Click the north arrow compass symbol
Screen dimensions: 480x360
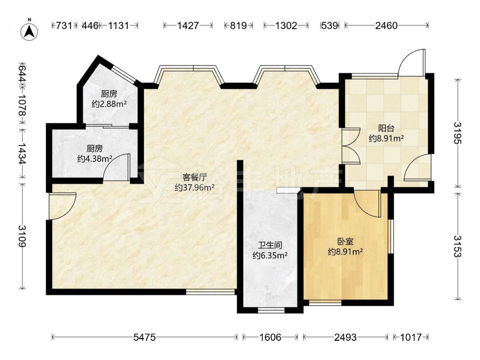tap(29, 31)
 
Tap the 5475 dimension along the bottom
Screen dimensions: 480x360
tap(144, 337)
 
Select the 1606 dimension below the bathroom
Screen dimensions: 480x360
tap(270, 337)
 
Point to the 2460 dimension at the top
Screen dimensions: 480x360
tap(386, 25)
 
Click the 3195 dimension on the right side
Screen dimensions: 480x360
tap(458, 133)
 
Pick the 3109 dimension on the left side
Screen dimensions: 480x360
tap(23, 236)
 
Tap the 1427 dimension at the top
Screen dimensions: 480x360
tap(188, 25)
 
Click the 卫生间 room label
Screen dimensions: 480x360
tap(270, 245)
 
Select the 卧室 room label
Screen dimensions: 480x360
tap(345, 242)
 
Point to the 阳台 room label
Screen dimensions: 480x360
tap(386, 128)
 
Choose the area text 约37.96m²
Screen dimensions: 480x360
tap(194, 187)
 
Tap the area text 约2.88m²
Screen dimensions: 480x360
tap(109, 104)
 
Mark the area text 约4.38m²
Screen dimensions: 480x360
tap(95, 158)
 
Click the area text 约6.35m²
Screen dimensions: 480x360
tap(270, 255)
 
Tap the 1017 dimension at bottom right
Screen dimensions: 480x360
tap(411, 337)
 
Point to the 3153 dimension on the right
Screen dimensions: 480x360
tap(458, 246)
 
